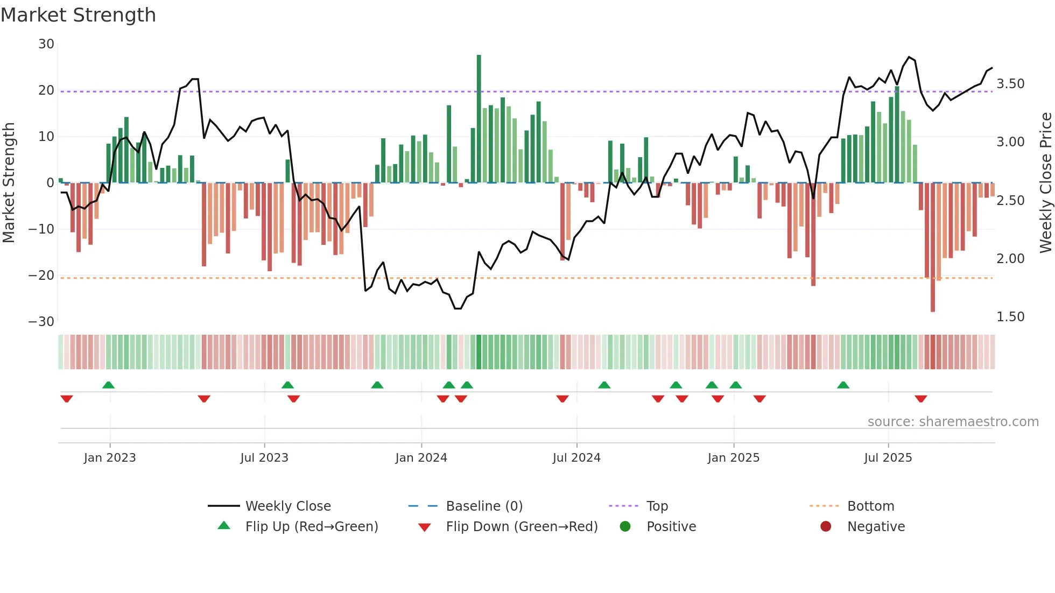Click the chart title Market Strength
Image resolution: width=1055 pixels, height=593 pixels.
(x=78, y=15)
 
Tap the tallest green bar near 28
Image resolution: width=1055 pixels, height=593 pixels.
(x=479, y=118)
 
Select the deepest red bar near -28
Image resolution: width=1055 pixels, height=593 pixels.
(x=932, y=248)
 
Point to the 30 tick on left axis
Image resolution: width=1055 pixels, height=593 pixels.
(x=46, y=44)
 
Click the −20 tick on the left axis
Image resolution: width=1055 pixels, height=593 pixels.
(x=42, y=276)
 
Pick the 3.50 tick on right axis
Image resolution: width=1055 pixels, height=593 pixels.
(x=1010, y=84)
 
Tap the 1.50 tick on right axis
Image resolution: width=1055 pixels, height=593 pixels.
(x=1010, y=317)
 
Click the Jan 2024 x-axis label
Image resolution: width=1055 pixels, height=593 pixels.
(x=421, y=458)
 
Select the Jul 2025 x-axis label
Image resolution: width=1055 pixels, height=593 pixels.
(x=888, y=458)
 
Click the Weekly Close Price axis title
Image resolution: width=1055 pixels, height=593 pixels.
(x=1045, y=182)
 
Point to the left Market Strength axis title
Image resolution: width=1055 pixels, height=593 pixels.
(x=9, y=182)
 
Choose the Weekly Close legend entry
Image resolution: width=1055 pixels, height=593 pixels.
(x=288, y=506)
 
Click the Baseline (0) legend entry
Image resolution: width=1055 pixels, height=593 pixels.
(x=484, y=506)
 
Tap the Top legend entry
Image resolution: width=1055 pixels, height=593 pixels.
(x=657, y=506)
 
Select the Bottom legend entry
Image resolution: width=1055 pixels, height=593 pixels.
(x=870, y=506)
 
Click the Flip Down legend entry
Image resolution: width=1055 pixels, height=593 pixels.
(x=521, y=527)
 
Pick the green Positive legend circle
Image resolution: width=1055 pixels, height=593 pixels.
(x=625, y=526)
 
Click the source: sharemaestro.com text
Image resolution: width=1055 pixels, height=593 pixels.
(x=953, y=422)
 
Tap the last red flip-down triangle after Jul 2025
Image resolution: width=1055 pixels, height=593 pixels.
(x=920, y=399)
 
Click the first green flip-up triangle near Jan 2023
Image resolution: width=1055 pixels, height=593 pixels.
(x=108, y=385)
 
